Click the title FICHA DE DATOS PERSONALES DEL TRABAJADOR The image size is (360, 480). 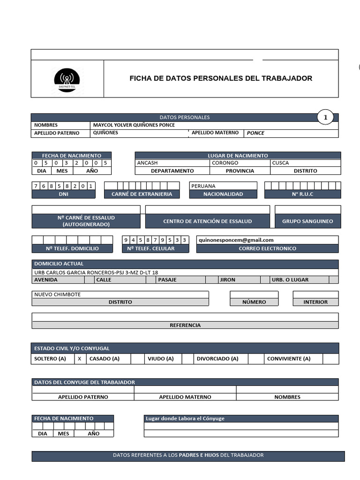coord(221,78)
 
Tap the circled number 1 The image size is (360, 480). coord(325,118)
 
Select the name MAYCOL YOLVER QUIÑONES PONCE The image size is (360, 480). coord(134,125)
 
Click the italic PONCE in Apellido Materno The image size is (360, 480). coord(255,133)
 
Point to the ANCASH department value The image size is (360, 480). coord(147,163)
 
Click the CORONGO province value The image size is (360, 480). coord(225,163)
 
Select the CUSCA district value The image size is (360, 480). coord(280,163)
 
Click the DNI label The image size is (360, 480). coord(63,194)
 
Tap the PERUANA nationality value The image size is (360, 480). coord(203,186)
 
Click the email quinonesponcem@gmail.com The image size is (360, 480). coord(236,240)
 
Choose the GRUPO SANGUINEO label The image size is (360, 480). coord(307,221)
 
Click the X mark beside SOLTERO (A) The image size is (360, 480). coord(80,359)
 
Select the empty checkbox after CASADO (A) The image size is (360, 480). coord(137,359)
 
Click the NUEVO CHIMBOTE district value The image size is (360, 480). coord(57,294)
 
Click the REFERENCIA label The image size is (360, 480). coord(185,325)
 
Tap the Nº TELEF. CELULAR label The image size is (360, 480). coord(151,248)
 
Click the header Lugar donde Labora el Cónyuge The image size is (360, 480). coord(185,419)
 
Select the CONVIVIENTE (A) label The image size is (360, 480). coord(289,359)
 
